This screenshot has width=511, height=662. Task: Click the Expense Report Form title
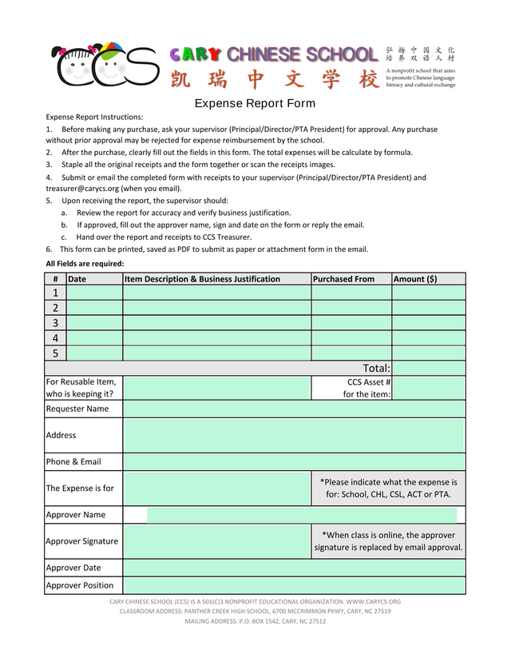coord(255,103)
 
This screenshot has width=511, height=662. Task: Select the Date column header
coord(77,279)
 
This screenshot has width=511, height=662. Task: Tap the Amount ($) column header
coord(415,279)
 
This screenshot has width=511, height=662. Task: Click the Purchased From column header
coord(344,279)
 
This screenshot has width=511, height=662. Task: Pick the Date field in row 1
coord(94,293)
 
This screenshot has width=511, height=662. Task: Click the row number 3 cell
coord(55,323)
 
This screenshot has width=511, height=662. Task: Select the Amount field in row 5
coord(428,353)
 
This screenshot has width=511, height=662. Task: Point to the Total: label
coord(376,368)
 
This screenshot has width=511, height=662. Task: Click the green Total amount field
coord(428,368)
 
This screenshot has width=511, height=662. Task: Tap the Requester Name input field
coord(294,409)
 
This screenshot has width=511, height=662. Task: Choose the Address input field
coord(294,435)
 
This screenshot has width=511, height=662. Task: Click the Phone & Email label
coord(73,461)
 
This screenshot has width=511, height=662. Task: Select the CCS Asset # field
coord(428,388)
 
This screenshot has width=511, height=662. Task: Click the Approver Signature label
coord(81,541)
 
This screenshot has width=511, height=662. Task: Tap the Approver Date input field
coord(294,568)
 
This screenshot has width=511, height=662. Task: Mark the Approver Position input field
coord(294,585)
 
